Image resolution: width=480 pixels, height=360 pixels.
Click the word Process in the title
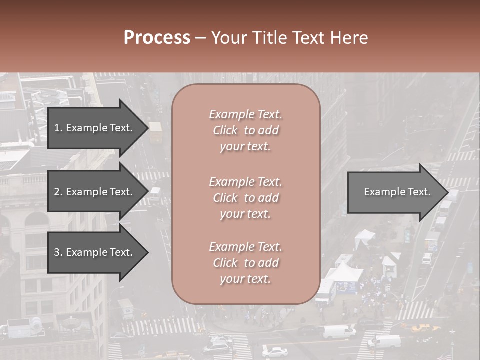[x=157, y=38]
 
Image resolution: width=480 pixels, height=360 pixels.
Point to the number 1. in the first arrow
[x=58, y=128]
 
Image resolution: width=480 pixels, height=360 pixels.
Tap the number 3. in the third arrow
[x=58, y=252]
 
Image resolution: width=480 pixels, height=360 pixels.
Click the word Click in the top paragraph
[x=225, y=130]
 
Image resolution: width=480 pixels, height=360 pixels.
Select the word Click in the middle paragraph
[x=225, y=198]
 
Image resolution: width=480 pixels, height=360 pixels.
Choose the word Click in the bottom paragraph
[x=225, y=263]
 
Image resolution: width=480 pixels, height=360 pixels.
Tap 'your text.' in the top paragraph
[x=245, y=147]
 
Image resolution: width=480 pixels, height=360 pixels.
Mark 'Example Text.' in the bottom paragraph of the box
[x=245, y=247]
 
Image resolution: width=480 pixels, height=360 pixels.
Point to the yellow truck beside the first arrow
[x=155, y=132]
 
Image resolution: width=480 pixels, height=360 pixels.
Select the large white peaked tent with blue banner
[x=344, y=274]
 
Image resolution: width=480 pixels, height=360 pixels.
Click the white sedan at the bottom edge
[x=274, y=352]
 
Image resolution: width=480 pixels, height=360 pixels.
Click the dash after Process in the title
[x=201, y=38]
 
